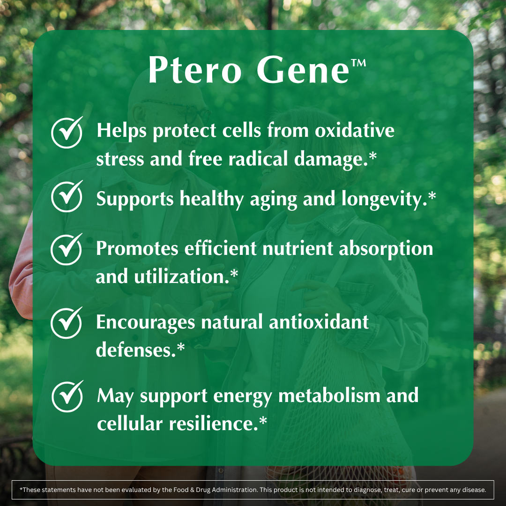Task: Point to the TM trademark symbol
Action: point(358,63)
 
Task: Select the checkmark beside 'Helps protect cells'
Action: point(67,133)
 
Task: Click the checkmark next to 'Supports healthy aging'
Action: point(67,197)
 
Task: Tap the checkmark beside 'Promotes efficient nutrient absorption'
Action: point(67,249)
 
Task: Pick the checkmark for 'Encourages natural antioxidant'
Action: point(67,323)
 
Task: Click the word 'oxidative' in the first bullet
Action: point(355,131)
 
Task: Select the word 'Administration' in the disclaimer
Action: point(231,490)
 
